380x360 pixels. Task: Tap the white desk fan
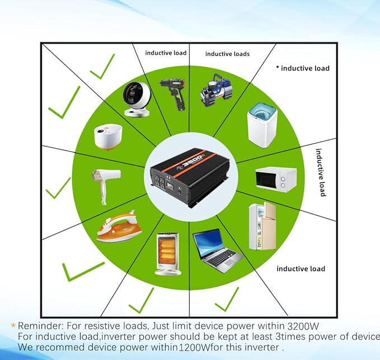point(137,98)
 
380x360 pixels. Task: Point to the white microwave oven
point(275,179)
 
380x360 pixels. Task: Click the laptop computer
point(217,250)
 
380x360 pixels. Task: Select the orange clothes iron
point(117,226)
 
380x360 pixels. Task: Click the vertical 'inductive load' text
point(321,172)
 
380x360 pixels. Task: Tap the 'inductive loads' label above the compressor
point(227,54)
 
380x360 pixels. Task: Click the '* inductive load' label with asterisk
point(303,68)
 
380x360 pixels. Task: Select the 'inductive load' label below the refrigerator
point(301,269)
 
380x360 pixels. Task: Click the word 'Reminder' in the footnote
point(37,325)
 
